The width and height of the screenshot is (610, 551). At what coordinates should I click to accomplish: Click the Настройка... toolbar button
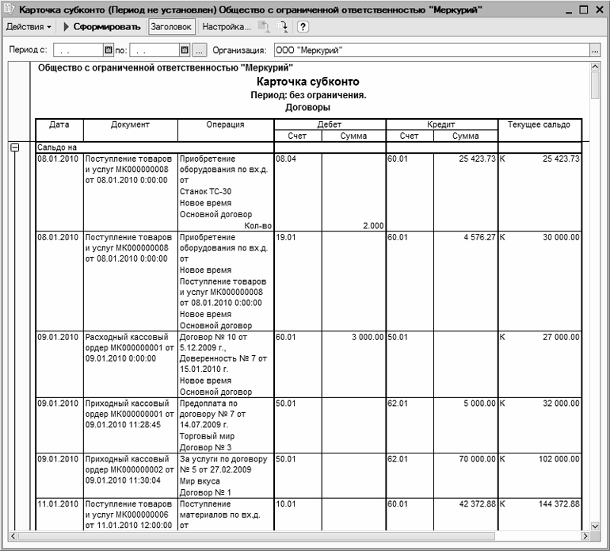226,26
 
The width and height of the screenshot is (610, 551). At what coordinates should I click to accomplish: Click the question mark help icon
303,26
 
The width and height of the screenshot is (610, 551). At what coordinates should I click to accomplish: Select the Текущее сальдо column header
539,125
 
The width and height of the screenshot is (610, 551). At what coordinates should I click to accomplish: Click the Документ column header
130,125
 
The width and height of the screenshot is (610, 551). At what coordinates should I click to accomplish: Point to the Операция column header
225,125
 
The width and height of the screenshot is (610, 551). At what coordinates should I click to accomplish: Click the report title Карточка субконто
308,82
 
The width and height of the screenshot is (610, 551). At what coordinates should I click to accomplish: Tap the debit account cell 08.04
285,159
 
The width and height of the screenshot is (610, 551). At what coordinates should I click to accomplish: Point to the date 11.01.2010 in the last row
58,503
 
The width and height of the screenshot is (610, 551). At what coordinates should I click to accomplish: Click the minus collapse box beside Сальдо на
13,147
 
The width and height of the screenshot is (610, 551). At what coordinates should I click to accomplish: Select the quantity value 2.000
372,225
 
